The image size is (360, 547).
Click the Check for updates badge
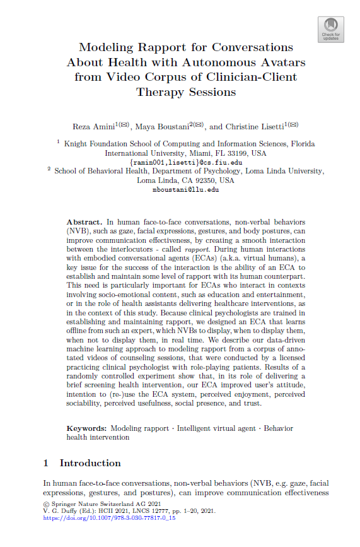pyautogui.click(x=331, y=28)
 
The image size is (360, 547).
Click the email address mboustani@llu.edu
pyautogui.click(x=185, y=189)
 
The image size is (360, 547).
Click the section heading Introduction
pyautogui.click(x=90, y=463)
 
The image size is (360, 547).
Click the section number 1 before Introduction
pyautogui.click(x=46, y=463)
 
